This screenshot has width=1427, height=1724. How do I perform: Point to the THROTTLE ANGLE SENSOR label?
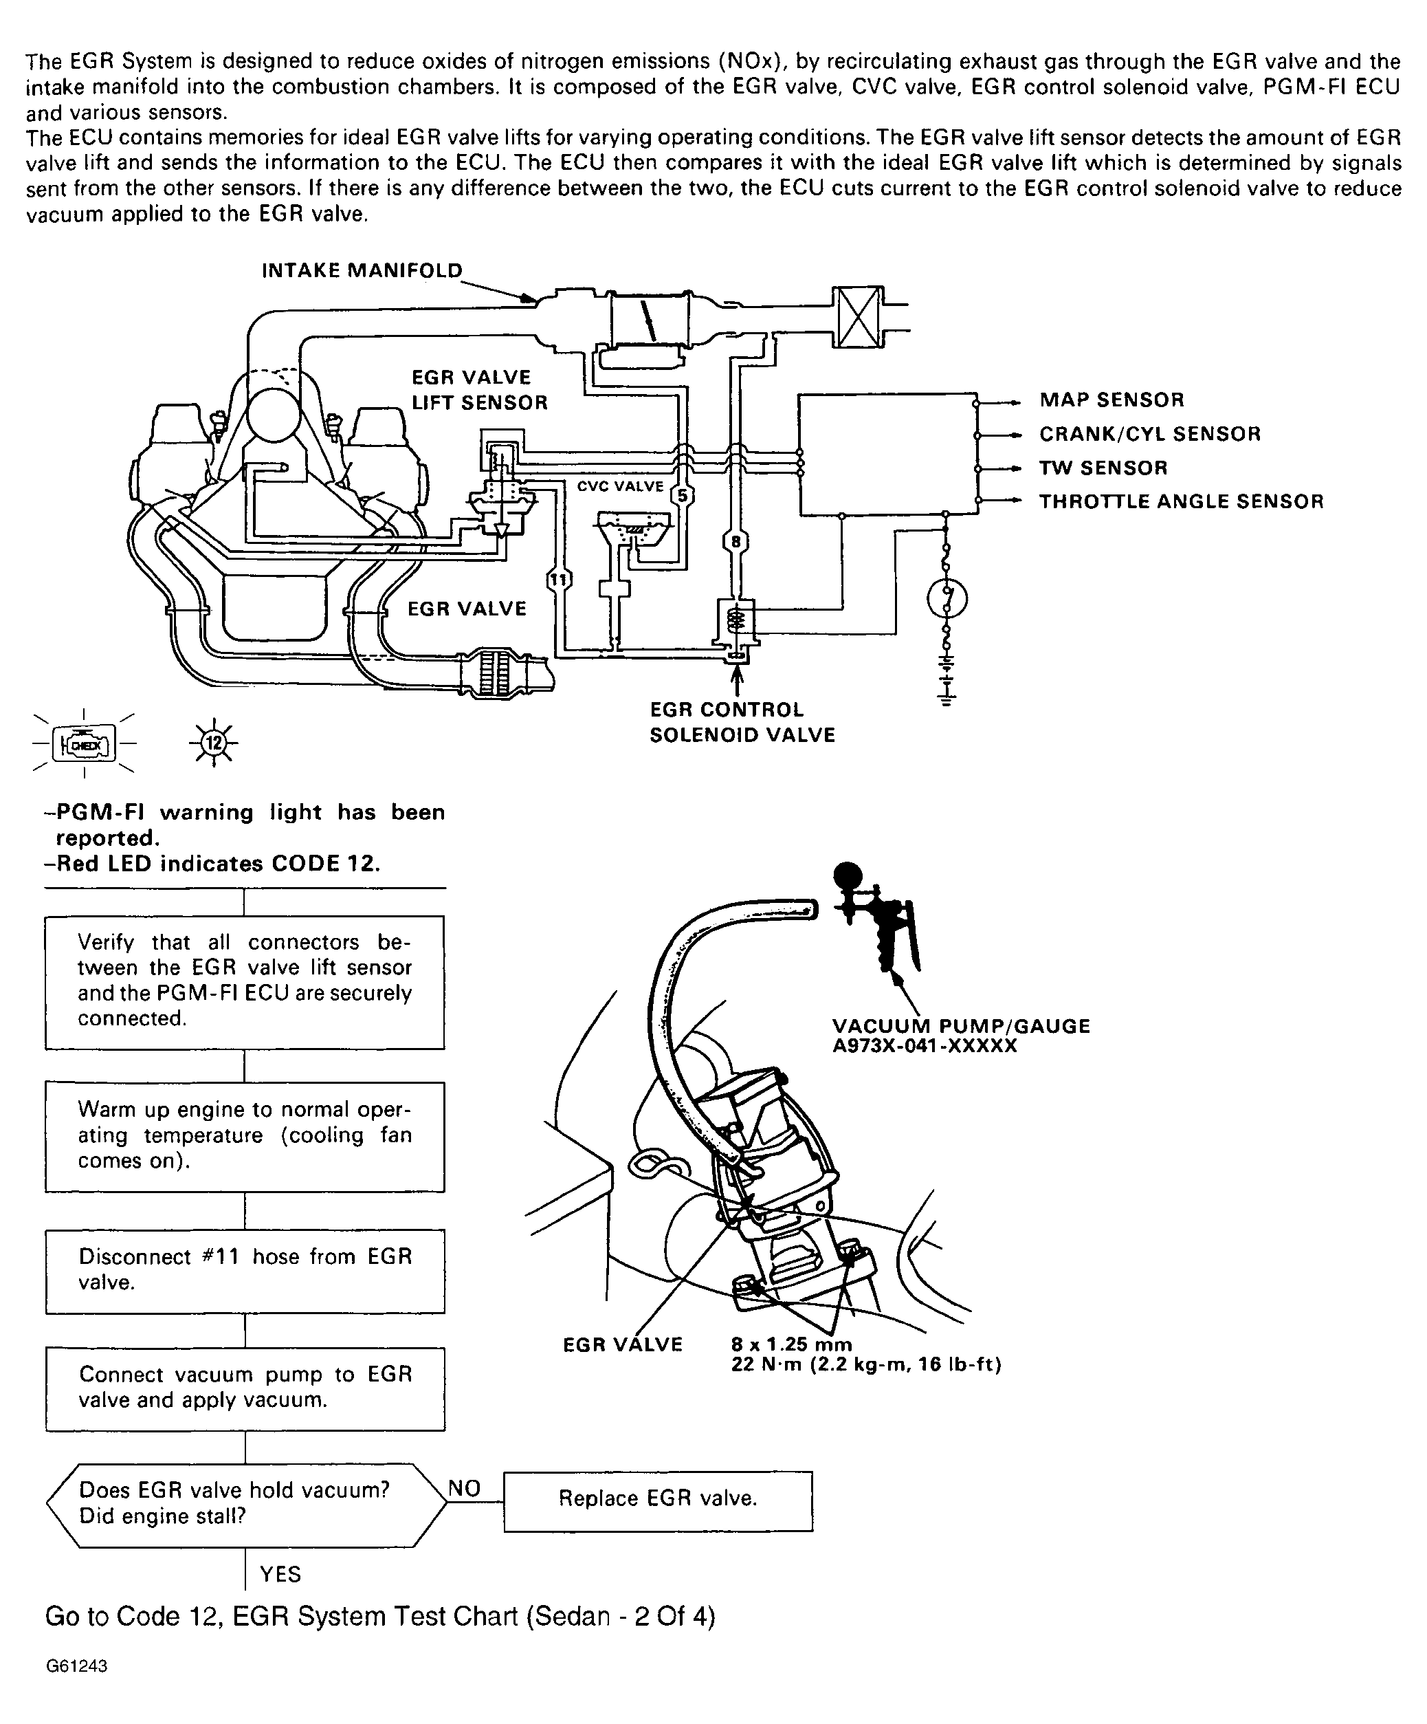coord(1181,501)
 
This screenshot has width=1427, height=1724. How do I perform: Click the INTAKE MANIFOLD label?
coord(362,271)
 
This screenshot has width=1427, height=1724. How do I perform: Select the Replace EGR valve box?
coord(657,1498)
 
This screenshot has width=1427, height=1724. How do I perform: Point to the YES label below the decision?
coord(280,1574)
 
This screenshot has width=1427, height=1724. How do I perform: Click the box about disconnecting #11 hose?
coord(245,1270)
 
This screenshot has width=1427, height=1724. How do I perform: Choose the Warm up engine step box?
coord(245,1135)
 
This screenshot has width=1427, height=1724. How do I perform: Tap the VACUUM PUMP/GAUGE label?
coord(961,1026)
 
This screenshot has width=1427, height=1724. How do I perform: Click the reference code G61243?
coord(76,1666)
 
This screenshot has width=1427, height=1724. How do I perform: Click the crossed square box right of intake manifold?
coord(858,317)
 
